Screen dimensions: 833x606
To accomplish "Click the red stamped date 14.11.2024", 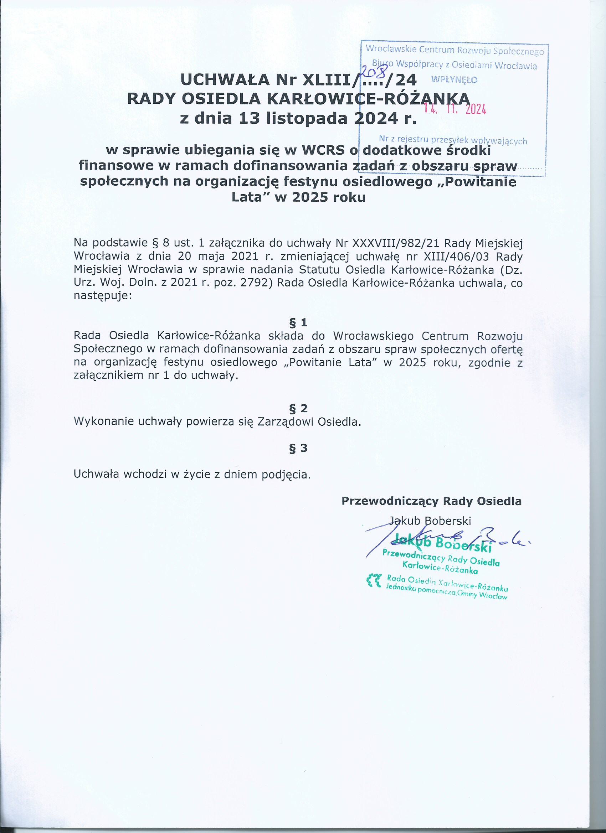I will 455,109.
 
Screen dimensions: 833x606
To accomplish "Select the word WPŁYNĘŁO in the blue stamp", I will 454,80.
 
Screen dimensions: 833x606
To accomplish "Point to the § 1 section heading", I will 298,322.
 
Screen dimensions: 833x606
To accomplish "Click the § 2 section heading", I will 298,408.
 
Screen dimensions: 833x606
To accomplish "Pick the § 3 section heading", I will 298,448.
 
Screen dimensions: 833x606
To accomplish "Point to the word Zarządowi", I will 285,421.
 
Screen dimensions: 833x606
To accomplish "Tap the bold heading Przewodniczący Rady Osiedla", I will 431,501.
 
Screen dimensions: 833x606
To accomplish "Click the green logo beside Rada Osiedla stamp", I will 374,580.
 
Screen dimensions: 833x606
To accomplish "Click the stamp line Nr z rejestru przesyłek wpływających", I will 453,140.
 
